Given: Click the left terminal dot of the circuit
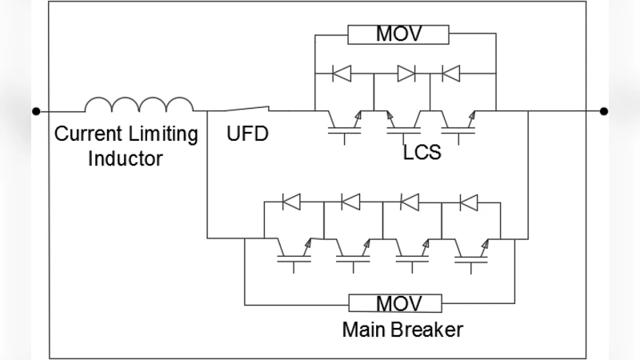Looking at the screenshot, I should click(x=35, y=111).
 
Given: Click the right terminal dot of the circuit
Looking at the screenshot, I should click(x=604, y=111).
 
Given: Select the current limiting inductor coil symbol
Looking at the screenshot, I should click(x=138, y=105).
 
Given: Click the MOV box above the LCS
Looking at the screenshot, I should click(x=399, y=35).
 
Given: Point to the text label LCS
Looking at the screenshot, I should click(x=422, y=151).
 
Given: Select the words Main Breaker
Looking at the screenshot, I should click(x=402, y=329).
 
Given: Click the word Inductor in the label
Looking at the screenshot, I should click(x=126, y=158).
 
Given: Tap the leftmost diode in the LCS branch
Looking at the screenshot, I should click(x=344, y=74).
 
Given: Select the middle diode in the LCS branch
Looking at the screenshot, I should click(x=406, y=74).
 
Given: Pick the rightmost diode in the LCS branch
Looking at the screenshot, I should click(x=452, y=74).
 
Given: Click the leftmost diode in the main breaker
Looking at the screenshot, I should click(x=294, y=202).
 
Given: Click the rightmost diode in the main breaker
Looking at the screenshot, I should click(x=470, y=202).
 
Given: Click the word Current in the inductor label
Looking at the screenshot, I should click(x=86, y=134).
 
